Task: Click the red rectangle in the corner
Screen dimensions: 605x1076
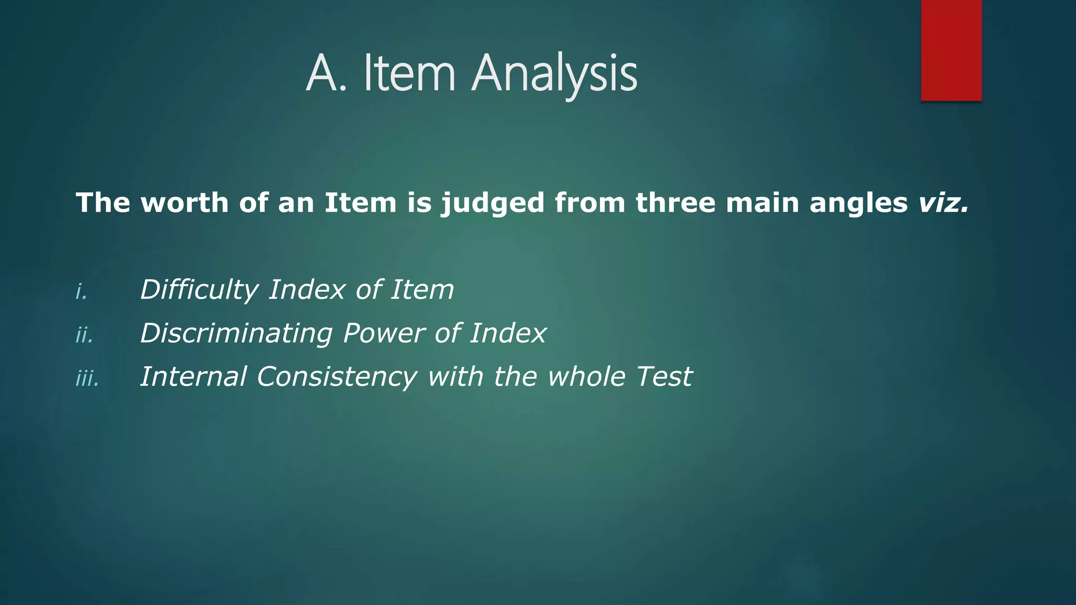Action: tap(951, 50)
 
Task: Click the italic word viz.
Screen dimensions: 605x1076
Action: tap(943, 203)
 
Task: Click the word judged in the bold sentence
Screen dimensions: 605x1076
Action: tap(492, 204)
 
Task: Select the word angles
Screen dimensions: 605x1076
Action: tap(858, 204)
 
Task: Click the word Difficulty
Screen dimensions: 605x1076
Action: tap(199, 290)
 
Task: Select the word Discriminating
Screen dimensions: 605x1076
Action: tap(236, 333)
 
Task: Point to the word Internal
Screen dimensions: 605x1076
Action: tap(193, 377)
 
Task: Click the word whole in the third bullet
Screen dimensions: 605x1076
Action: tap(586, 377)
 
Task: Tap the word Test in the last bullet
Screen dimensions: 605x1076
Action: tap(664, 377)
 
